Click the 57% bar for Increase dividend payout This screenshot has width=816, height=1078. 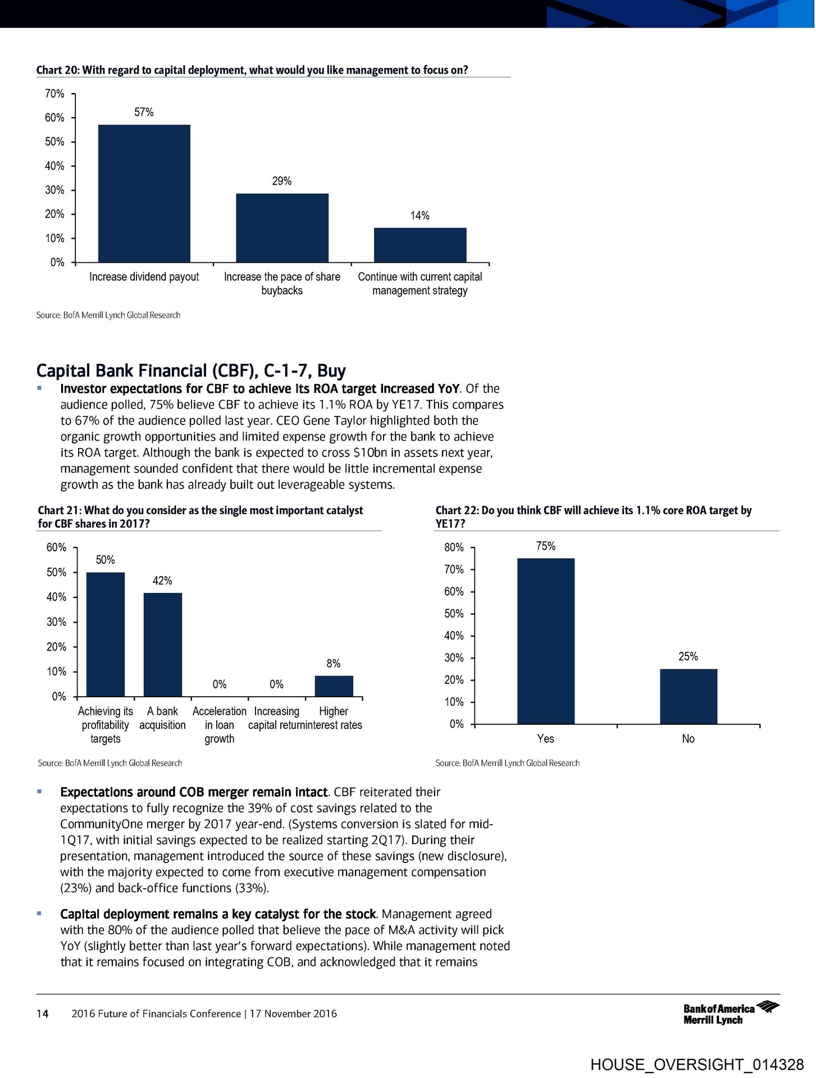coord(144,193)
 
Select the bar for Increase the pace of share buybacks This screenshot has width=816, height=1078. coord(282,227)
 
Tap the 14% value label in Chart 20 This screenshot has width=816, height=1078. coord(420,216)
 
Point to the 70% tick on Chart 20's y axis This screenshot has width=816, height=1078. coord(55,94)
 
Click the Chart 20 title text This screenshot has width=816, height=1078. coord(252,70)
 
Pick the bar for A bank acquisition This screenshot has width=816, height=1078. coord(163,645)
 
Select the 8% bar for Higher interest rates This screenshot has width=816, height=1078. coord(334,686)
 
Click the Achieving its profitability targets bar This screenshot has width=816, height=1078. coord(106,634)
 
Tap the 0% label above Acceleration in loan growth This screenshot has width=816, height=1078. coord(220,684)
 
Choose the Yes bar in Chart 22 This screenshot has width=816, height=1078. coord(545,641)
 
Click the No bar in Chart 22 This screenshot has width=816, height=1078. coord(688,696)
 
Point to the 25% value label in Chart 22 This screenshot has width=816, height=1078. coord(688,656)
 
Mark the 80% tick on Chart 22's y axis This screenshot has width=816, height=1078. coord(454,547)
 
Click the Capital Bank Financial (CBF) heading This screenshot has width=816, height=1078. coord(191,371)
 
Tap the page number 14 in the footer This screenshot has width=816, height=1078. coord(43,1013)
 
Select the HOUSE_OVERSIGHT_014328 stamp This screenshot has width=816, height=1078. coord(697,1065)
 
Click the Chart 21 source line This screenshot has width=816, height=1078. coord(110,763)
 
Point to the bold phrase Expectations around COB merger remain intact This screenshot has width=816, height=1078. coord(194,792)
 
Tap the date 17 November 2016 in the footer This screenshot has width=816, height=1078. coord(293,1013)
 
